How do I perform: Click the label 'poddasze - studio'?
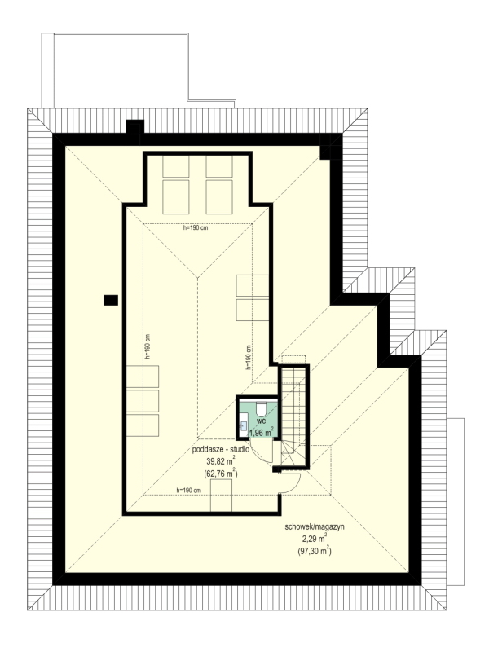coord(220,450)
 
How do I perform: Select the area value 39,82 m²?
coord(220,460)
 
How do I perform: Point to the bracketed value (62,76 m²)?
coord(220,473)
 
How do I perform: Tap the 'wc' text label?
coord(261,421)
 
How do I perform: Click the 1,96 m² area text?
coord(261,433)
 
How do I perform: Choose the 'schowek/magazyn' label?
coord(315,526)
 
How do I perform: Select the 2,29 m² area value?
coord(315,539)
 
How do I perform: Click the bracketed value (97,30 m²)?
coord(315,552)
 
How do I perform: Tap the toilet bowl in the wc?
coord(261,408)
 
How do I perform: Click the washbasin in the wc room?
coord(243,425)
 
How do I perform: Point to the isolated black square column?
coord(111,300)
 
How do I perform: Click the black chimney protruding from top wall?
coord(134,127)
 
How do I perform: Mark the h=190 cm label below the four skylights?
coord(196,228)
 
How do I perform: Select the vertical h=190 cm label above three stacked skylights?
coord(148,346)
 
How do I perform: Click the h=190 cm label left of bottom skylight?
coord(189,491)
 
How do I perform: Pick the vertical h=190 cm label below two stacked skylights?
coord(249,357)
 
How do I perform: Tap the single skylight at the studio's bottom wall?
coord(221,496)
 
